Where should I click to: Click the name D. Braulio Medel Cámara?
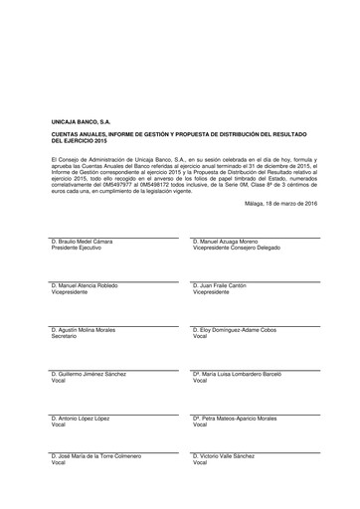pos(87,242)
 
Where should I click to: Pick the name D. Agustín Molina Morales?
pos(89,330)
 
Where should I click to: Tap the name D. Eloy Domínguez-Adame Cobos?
pos(238,330)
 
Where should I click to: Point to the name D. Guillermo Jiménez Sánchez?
pos(91,374)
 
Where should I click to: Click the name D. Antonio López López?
pos(83,418)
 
